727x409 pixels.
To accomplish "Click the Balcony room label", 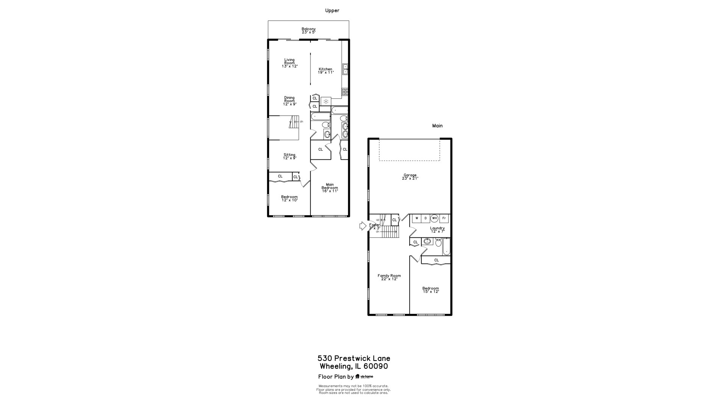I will [308, 31].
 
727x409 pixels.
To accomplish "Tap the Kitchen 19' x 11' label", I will [325, 71].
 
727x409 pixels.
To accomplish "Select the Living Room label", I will [289, 63].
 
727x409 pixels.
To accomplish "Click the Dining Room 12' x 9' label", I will [289, 101].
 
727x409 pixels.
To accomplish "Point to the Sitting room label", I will [289, 156].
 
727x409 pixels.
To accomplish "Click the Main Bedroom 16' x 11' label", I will [329, 188].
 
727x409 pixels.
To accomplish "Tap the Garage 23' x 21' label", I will [410, 177].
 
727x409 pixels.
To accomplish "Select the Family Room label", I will [389, 277].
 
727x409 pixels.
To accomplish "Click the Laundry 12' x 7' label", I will [437, 229].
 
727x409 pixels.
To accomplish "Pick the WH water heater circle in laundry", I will [434, 219].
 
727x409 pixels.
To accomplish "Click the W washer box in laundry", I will [417, 219].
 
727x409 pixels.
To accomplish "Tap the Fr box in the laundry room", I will [444, 219].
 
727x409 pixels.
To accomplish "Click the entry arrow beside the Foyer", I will [363, 226].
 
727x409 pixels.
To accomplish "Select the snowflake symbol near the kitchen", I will [326, 101].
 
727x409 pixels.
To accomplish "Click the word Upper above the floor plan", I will [332, 11].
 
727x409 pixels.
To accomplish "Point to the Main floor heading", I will [437, 126].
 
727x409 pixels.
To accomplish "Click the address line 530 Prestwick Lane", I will [354, 358].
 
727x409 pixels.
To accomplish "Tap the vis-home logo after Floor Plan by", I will [364, 376].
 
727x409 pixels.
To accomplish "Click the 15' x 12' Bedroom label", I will [431, 290].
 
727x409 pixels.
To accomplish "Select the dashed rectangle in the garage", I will [409, 150].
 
